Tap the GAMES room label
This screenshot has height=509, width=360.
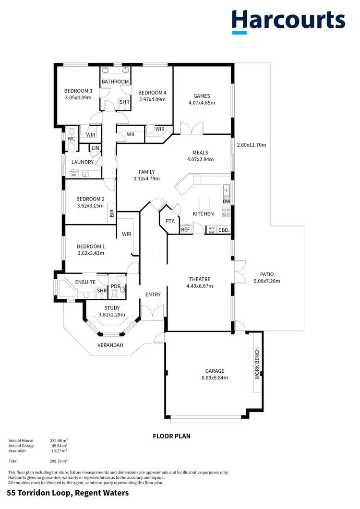point(202,96)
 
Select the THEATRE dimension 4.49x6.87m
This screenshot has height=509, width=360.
point(200,286)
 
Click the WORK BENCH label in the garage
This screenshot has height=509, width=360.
point(257,364)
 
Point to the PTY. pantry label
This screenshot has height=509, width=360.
point(170,221)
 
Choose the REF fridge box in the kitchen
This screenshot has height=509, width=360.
point(185,230)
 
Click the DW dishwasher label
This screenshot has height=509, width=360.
point(227,201)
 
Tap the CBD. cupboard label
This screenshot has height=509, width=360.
point(224,230)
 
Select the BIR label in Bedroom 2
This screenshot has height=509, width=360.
point(111,213)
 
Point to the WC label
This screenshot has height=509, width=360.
point(71,139)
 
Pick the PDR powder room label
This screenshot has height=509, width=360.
point(116,286)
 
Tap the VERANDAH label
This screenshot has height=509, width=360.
point(110,345)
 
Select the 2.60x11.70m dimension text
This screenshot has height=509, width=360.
point(252,145)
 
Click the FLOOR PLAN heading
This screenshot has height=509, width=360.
point(171,436)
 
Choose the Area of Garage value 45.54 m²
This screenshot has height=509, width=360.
point(59,446)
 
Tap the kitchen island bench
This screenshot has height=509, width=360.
point(204,201)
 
